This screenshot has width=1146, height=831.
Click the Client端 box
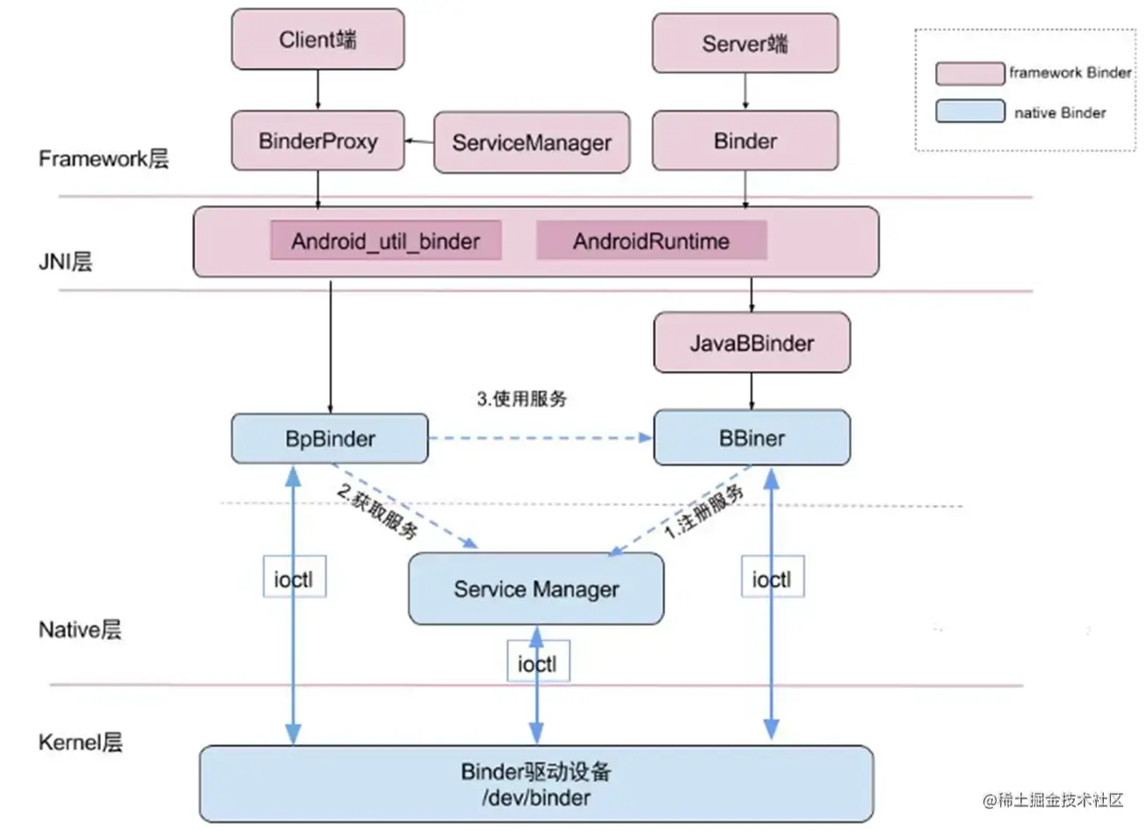point(318,40)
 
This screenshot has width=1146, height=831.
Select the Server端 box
point(745,43)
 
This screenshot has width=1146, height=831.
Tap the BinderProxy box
point(318,141)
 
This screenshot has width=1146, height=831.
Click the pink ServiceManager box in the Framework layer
point(532,142)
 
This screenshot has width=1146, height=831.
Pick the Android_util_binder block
point(386,241)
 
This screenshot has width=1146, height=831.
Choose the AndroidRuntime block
point(651,241)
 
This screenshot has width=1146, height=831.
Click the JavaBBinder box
point(752,343)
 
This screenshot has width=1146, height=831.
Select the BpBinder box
point(330,438)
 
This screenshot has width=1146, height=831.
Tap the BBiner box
point(752,437)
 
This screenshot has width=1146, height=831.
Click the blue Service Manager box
point(536,589)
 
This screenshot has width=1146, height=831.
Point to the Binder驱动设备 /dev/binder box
point(536,784)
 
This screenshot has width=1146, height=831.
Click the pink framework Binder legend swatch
point(970,74)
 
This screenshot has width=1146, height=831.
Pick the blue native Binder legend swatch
point(970,111)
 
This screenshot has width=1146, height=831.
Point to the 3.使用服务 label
point(522,399)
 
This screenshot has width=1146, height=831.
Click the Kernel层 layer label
point(81,742)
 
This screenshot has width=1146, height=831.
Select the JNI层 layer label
point(66,261)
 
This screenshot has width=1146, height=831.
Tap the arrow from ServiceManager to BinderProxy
point(419,141)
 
